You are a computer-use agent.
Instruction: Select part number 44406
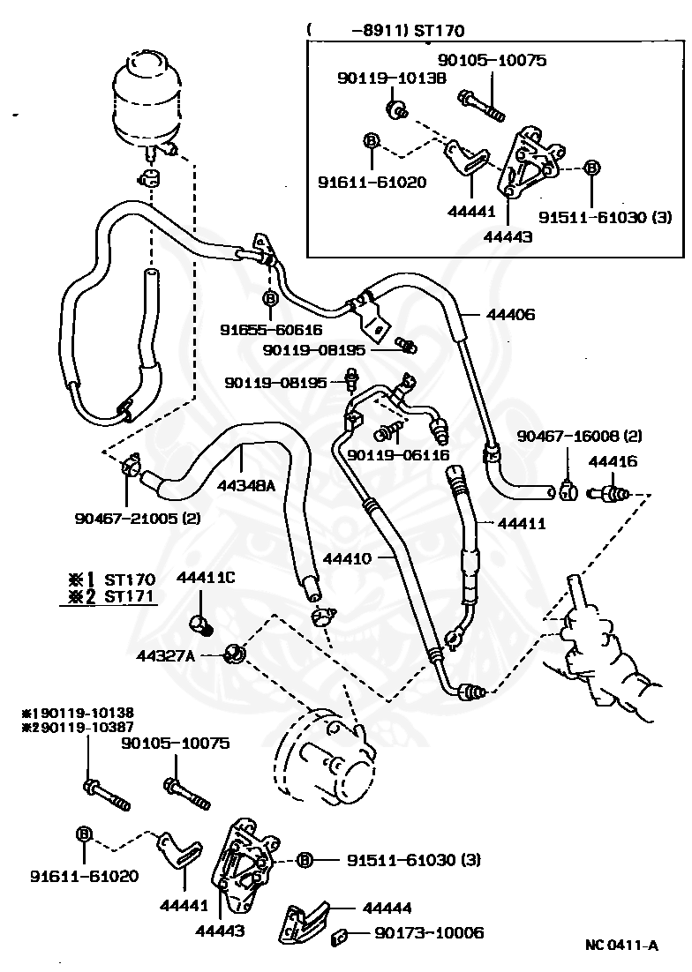510,314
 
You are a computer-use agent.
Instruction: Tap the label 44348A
245,485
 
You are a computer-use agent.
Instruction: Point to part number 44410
347,558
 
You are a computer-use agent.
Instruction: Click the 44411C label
206,578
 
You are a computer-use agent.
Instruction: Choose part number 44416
613,461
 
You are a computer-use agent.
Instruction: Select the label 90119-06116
399,454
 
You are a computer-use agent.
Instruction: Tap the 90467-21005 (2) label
138,518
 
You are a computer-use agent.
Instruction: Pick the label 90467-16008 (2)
580,436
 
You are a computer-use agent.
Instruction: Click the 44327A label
166,654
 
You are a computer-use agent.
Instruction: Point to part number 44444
387,908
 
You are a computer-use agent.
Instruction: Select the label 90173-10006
429,932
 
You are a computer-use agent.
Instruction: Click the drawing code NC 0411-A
622,946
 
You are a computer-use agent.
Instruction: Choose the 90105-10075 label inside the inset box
493,60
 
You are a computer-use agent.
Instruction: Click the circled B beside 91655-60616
270,299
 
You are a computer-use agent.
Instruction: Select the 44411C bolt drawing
201,624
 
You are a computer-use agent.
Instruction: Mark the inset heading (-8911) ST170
385,30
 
